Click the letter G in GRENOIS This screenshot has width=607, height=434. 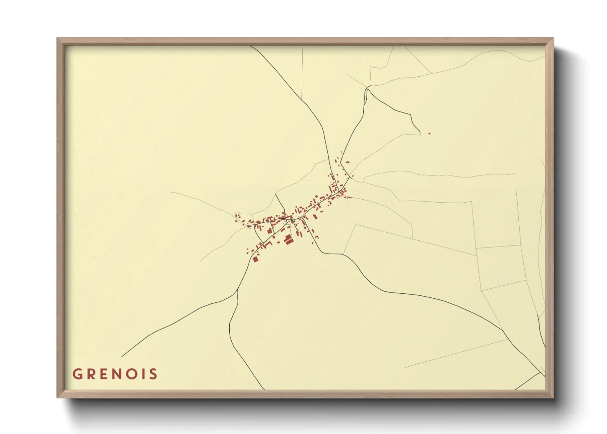(77, 374)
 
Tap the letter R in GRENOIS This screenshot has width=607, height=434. (91, 374)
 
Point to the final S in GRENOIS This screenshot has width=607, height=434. (153, 374)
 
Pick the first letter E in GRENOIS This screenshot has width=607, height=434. (103, 374)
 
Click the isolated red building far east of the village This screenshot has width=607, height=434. (429, 133)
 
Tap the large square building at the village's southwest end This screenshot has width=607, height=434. (255, 259)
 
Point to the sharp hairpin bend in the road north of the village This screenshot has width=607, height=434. (367, 88)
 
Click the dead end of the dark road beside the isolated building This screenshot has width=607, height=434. (420, 134)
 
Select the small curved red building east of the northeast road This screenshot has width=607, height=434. (347, 163)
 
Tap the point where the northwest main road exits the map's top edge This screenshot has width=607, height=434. (251, 46)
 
